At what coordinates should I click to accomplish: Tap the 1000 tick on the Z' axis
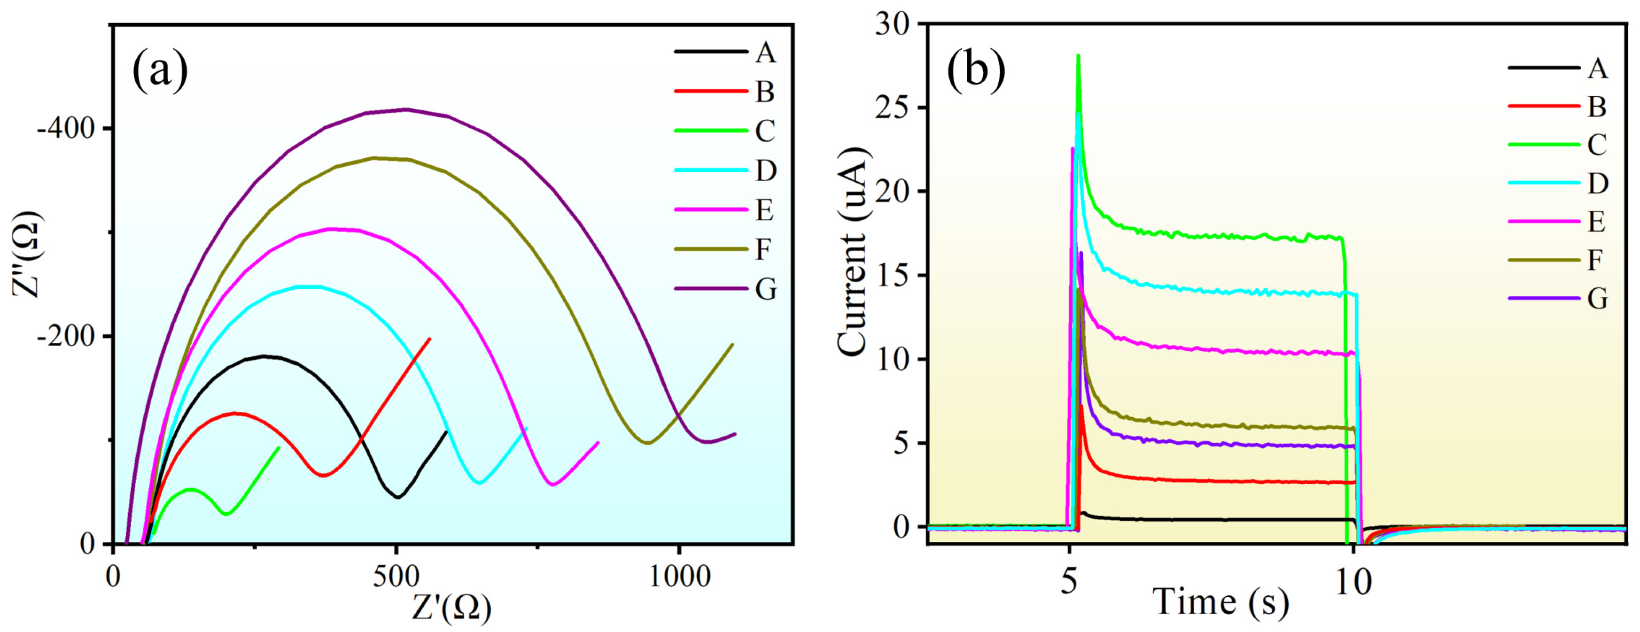(679, 577)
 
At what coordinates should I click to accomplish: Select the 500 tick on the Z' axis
(396, 577)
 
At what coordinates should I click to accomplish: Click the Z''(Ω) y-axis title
(27, 254)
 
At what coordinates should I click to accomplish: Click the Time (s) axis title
(1221, 601)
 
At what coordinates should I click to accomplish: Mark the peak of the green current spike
(1078, 55)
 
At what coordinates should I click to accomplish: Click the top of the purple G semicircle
(405, 109)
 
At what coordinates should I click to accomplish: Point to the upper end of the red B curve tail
(430, 339)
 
